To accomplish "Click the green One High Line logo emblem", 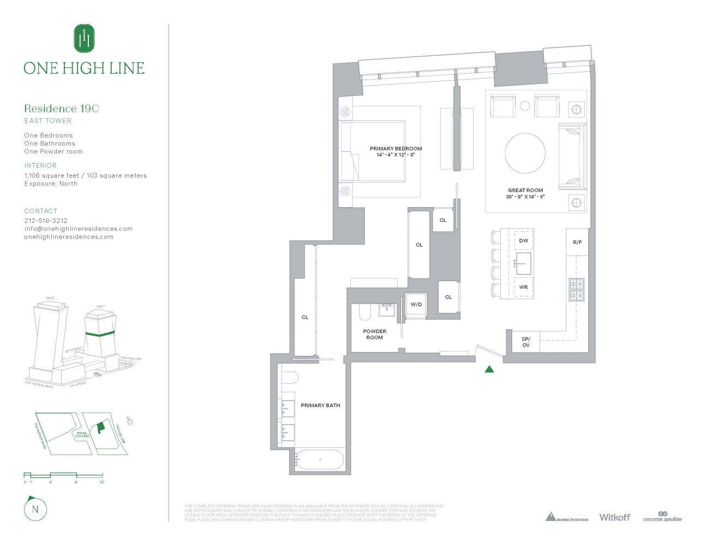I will (84, 38).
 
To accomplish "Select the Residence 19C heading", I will (61, 108).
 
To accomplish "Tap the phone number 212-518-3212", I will (46, 221).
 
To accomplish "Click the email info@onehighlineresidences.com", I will (78, 229).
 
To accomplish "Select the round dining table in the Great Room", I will (525, 154).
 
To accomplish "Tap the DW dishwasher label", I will (523, 240).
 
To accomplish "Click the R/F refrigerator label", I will (577, 242).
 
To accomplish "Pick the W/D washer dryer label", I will (416, 305).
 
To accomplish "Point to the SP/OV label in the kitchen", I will (525, 342).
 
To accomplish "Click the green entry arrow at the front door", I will (489, 369).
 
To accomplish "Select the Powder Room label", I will (374, 334).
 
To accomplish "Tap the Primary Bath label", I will (320, 405).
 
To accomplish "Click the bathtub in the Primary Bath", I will (320, 459).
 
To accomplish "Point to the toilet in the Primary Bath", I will (290, 378).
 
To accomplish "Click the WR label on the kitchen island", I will (523, 287).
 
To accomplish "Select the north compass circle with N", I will (35, 510).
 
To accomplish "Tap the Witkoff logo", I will (614, 517).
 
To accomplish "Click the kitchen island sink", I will (523, 264).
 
